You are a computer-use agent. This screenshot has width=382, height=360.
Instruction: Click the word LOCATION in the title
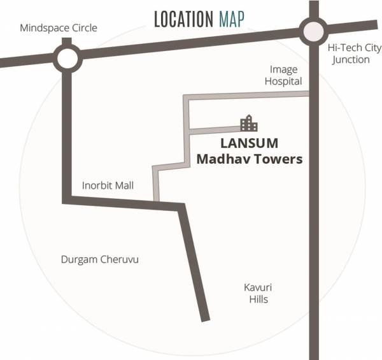[183, 19]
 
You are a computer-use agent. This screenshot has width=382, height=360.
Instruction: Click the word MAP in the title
[230, 19]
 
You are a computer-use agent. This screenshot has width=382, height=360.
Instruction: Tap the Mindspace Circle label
[59, 28]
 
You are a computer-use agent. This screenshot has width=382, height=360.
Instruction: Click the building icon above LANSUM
[248, 124]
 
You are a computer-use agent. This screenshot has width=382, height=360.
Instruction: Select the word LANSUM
[249, 143]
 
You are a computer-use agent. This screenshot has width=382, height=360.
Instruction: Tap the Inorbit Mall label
[108, 186]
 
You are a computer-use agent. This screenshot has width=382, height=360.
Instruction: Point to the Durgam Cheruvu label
[99, 260]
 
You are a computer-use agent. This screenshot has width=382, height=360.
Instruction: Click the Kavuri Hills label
[256, 293]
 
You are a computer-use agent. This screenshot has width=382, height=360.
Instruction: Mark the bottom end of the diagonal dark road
[205, 317]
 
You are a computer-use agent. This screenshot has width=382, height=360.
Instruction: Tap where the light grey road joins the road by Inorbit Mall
[155, 201]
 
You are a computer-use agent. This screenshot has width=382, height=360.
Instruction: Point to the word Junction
[350, 60]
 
